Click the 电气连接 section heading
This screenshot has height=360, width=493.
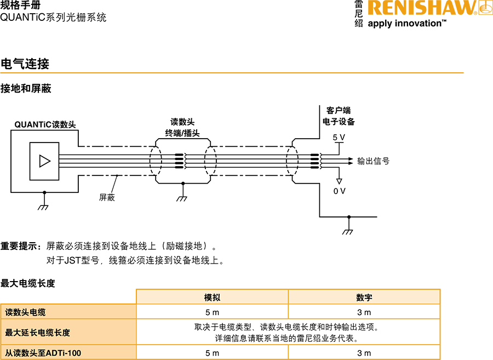coord(25,64)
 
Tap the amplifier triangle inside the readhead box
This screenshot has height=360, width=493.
coord(44,161)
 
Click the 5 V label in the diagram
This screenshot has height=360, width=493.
coord(339,137)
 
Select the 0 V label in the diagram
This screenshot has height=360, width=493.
coord(340,191)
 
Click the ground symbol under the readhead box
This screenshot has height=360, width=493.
coord(44,207)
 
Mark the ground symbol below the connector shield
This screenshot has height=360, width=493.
coord(182,198)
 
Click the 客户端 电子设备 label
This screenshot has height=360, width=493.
coord(339,116)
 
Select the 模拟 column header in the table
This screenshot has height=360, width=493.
coord(212,297)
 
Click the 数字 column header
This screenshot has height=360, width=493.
coord(364,297)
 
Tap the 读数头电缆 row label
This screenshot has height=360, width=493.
coord(26,312)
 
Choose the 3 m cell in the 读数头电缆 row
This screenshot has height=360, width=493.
coord(364,312)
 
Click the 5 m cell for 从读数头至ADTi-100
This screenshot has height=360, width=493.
coord(212,353)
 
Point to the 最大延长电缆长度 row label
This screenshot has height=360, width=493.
coord(38,333)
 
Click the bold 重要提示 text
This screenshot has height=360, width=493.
coord(20,246)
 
